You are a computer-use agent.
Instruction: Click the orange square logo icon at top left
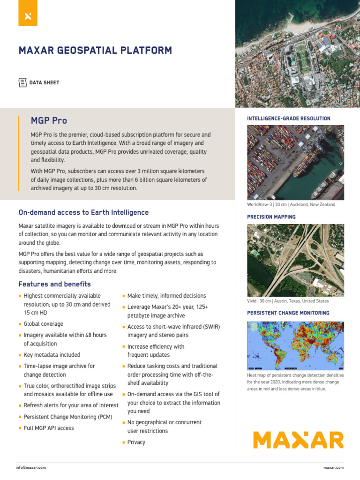(x=28, y=16)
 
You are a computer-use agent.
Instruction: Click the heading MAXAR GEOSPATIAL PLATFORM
(x=95, y=51)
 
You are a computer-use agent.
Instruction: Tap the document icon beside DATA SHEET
(x=22, y=82)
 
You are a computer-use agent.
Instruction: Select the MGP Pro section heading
(x=49, y=121)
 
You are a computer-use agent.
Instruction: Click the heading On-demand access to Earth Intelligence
(x=83, y=212)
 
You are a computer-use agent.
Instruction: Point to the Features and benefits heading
(x=54, y=284)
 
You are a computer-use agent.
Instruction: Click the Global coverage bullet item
(x=43, y=324)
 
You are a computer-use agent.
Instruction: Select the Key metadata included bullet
(x=52, y=355)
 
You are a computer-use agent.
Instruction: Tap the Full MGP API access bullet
(x=49, y=428)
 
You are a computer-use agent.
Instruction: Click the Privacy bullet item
(x=136, y=442)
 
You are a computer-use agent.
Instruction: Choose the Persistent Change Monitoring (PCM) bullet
(x=68, y=417)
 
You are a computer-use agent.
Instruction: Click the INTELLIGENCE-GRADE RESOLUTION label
(x=288, y=119)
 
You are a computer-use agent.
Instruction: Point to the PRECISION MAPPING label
(x=271, y=217)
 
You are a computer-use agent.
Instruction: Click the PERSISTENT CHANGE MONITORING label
(x=288, y=313)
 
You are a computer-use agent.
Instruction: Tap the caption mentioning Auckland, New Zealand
(x=291, y=205)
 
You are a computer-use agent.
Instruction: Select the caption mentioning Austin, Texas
(x=288, y=301)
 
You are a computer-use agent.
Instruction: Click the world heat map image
(x=295, y=345)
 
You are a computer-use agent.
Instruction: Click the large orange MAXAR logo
(x=298, y=440)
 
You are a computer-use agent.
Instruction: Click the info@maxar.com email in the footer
(x=30, y=467)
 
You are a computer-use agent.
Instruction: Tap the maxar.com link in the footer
(x=333, y=467)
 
